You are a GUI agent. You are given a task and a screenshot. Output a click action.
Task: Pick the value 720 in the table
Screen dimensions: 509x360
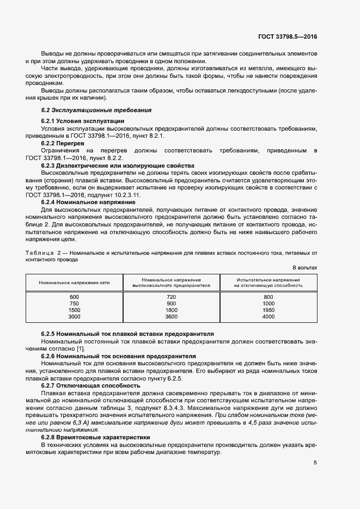(171, 296)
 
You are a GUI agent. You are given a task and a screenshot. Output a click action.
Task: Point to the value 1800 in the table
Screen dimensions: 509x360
(171, 310)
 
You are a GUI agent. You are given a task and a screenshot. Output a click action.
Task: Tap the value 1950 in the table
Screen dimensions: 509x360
(268, 310)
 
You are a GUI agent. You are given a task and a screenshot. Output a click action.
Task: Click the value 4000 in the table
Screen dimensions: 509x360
(268, 316)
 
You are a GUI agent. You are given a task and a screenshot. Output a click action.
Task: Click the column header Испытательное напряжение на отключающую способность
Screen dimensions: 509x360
(268, 282)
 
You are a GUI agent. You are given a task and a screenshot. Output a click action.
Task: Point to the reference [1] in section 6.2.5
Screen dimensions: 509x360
(80, 348)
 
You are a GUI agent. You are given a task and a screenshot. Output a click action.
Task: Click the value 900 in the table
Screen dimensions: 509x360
(171, 303)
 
